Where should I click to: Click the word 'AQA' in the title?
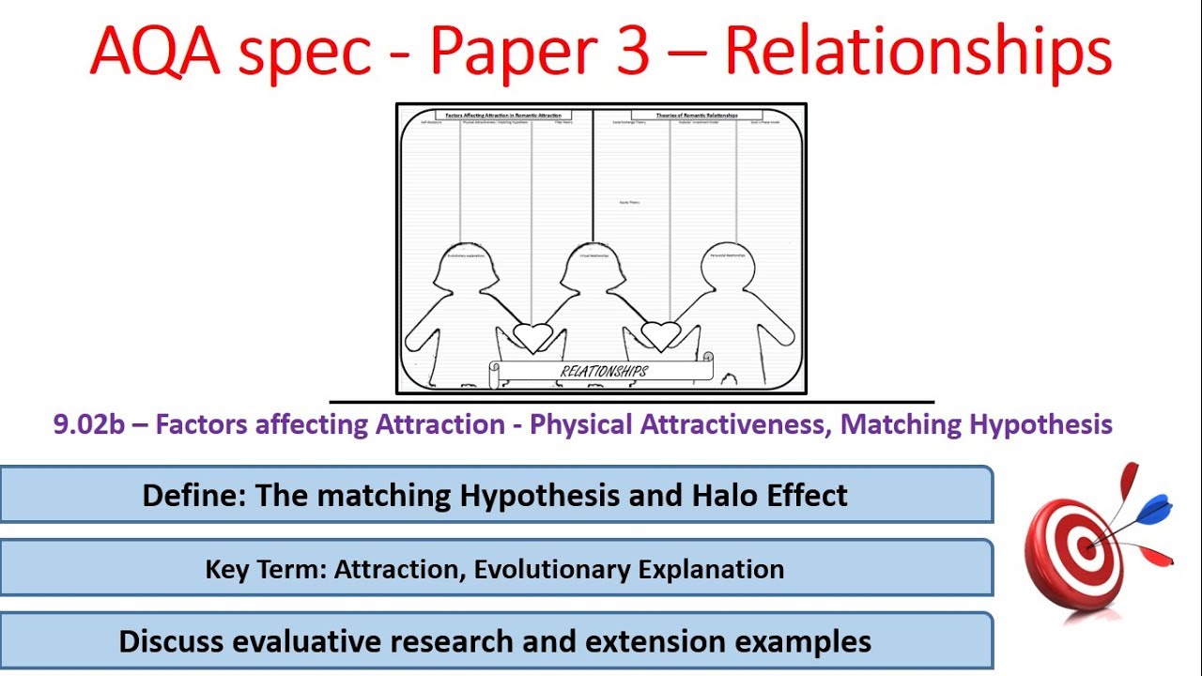154,52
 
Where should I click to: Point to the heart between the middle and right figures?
660,334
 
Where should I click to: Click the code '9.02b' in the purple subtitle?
89,424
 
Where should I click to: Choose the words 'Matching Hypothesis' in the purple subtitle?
977,424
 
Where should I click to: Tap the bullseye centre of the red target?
1087,547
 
